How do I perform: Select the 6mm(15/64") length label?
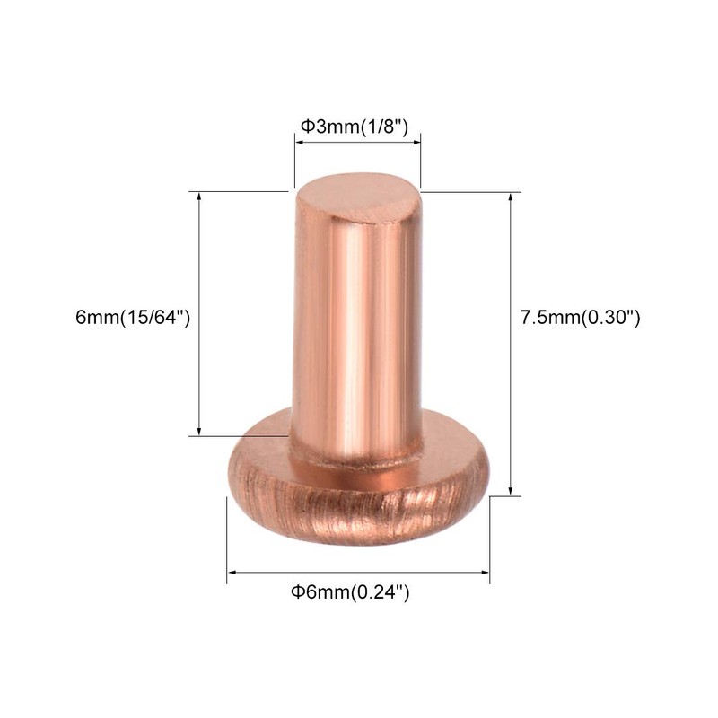tap(134, 318)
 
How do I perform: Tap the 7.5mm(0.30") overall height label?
tap(580, 318)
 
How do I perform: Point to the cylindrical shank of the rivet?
tap(355, 332)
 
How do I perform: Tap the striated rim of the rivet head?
tap(359, 503)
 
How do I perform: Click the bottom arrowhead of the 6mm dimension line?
tap(199, 433)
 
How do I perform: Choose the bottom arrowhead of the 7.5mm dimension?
tap(512, 491)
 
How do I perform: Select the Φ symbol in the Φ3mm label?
tap(304, 127)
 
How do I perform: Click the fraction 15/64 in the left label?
tap(158, 318)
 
